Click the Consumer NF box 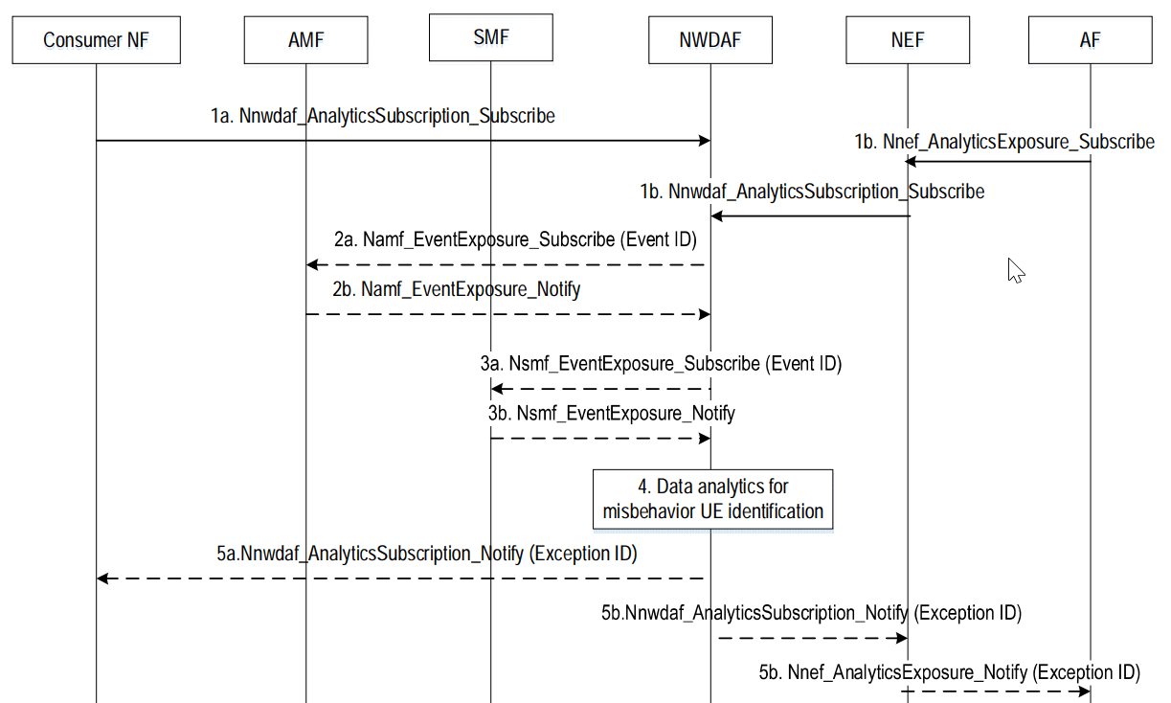click(96, 39)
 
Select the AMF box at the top click(305, 39)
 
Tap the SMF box click(490, 37)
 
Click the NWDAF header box click(709, 39)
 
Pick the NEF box click(907, 39)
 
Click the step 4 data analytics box click(712, 498)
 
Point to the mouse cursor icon click(1015, 271)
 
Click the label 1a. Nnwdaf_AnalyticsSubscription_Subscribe click(382, 117)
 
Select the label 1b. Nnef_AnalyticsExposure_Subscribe click(1004, 142)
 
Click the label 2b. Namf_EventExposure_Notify click(457, 288)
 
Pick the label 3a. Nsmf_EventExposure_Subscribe click(661, 364)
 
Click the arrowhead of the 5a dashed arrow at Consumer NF click(103, 578)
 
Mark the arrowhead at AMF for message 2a click(312, 264)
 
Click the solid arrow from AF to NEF click(996, 162)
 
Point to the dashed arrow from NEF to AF click(996, 691)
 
